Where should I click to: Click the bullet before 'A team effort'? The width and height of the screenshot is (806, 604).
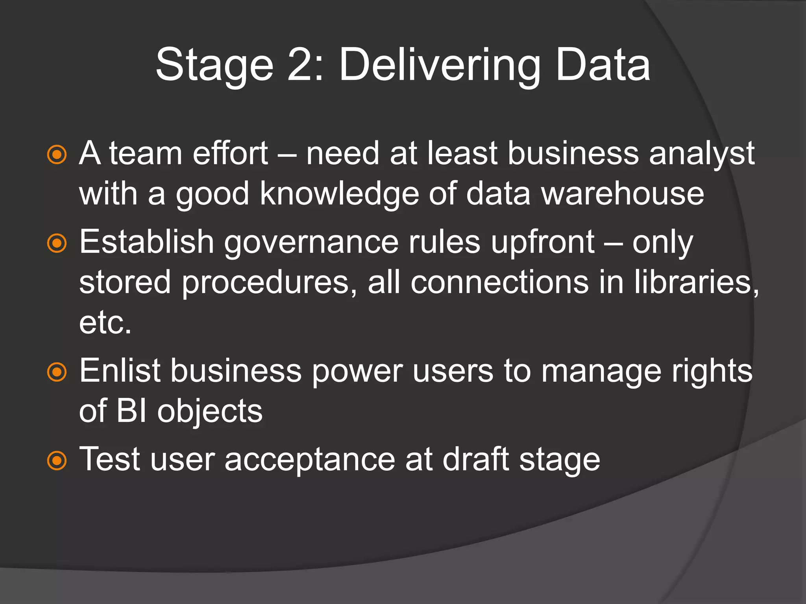(57, 155)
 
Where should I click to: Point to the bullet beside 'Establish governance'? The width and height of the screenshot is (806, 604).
(57, 243)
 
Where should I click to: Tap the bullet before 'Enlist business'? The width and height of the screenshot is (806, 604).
(57, 372)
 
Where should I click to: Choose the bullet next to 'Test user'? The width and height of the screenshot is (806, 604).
(57, 460)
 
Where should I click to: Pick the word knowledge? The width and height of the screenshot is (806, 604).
(339, 194)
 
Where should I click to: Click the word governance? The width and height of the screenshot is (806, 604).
(311, 243)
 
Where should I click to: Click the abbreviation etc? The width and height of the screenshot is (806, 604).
(105, 323)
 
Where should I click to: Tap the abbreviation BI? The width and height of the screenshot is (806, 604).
(132, 411)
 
